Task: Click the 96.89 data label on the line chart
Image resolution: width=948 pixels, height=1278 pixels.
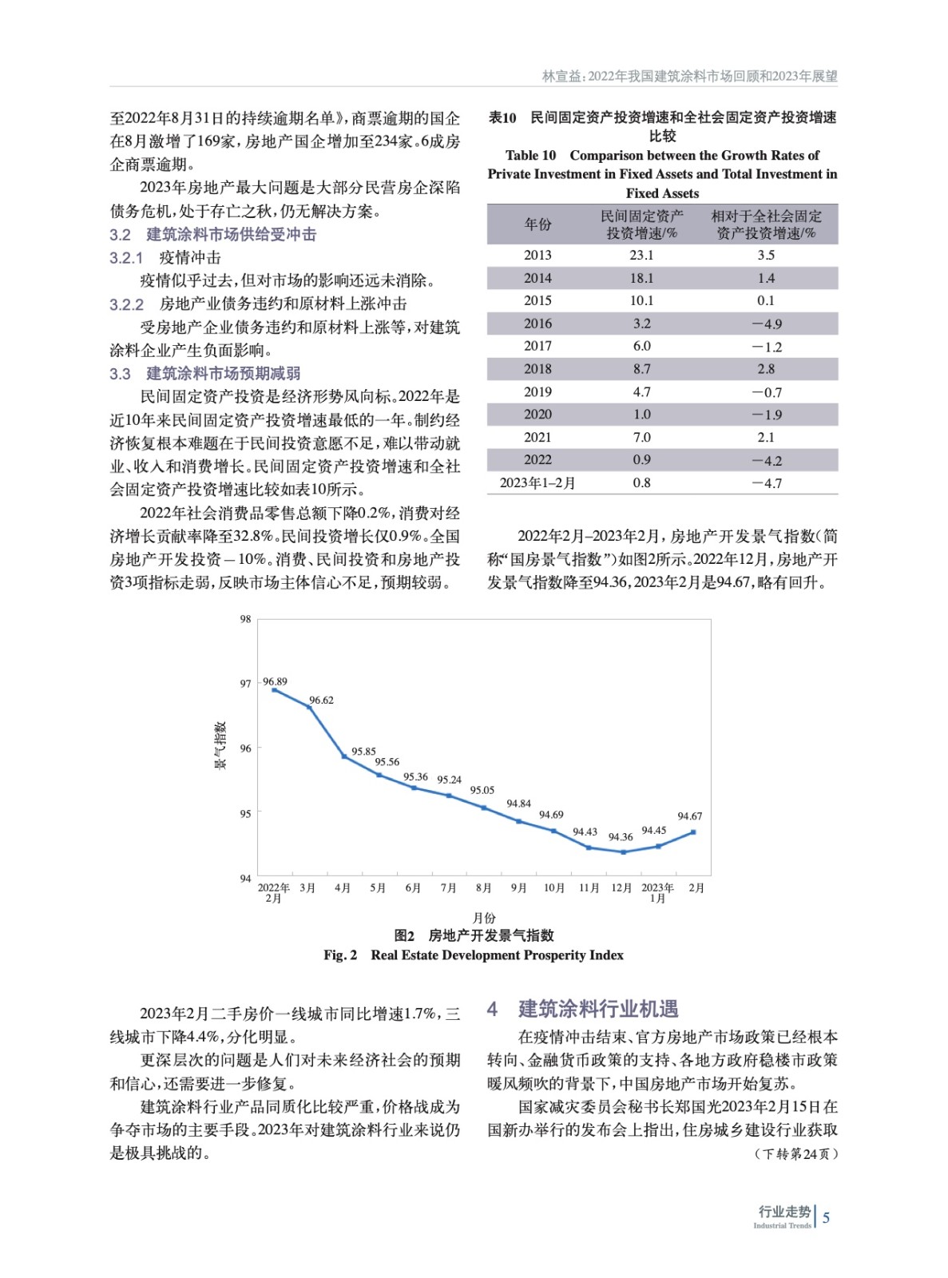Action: point(275,681)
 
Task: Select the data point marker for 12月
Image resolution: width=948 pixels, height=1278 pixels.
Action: point(624,851)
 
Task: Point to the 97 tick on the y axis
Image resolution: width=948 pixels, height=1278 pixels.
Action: point(245,684)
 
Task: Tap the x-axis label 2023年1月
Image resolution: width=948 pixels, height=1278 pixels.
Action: point(657,892)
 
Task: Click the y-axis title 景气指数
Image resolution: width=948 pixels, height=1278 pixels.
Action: point(220,744)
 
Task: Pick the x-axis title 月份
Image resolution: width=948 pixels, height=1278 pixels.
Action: point(484,918)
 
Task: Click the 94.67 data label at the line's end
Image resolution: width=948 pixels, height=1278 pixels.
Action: point(689,816)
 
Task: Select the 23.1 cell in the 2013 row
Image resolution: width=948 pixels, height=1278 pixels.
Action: point(641,255)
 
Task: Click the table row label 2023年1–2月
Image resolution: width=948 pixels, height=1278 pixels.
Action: point(537,482)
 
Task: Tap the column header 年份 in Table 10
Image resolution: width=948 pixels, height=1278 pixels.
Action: point(537,224)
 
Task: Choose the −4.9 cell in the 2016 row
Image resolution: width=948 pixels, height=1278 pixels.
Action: point(766,323)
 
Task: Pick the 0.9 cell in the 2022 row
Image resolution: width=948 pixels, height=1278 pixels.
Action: point(641,460)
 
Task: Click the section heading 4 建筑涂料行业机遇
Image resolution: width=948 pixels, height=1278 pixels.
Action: point(583,1009)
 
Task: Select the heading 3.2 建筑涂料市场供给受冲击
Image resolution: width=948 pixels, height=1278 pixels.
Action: point(213,234)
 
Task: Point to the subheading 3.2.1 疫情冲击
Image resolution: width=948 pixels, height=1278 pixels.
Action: point(165,257)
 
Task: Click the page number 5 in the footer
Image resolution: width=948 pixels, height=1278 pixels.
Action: point(826,1217)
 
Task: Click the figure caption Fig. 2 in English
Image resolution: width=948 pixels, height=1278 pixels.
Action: point(473,955)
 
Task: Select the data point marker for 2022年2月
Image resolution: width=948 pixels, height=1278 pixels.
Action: point(275,689)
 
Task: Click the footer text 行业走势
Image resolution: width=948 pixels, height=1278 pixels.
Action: point(783,1212)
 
